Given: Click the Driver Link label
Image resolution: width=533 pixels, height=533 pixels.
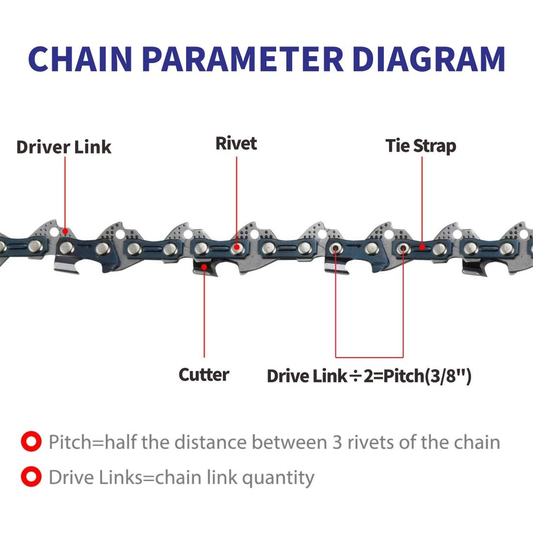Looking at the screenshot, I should (x=63, y=147).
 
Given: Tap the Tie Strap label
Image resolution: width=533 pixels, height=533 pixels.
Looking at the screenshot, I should (x=421, y=146).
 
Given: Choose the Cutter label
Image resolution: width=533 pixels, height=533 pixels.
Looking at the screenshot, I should (x=204, y=374).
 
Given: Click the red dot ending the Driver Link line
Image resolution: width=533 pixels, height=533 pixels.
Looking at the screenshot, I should (x=66, y=231).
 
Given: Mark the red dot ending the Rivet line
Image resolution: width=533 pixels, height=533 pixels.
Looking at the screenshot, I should (x=236, y=247).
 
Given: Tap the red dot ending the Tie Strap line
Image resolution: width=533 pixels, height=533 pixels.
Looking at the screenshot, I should (x=422, y=247).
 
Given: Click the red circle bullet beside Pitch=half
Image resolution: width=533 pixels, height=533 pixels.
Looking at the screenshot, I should (x=30, y=442).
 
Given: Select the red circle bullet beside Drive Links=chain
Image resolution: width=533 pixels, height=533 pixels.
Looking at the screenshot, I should (x=30, y=477).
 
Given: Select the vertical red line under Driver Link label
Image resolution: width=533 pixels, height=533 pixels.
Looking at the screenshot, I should (x=66, y=192).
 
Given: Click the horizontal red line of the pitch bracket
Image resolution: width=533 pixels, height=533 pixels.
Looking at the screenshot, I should (x=369, y=357).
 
